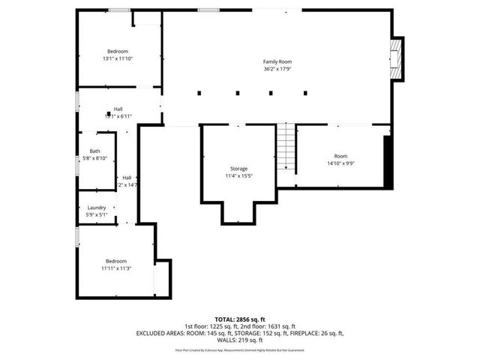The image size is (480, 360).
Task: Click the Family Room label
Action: [277, 61]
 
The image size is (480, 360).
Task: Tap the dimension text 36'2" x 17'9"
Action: [277, 69]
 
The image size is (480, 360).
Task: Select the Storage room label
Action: [238, 169]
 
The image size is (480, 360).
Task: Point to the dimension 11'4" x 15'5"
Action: [238, 176]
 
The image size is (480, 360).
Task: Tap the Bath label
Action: [94, 151]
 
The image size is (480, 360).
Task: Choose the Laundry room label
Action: [96, 208]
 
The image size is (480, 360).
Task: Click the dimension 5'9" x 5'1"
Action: [96, 215]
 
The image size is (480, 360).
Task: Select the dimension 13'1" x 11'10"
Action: [117, 58]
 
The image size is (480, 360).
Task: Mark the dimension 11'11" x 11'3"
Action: [116, 268]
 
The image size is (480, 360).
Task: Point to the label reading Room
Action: [341, 156]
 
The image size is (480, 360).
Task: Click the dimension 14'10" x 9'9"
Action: [341, 163]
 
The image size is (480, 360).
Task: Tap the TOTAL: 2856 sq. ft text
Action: [240, 319]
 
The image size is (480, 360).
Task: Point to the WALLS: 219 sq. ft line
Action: [240, 340]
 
